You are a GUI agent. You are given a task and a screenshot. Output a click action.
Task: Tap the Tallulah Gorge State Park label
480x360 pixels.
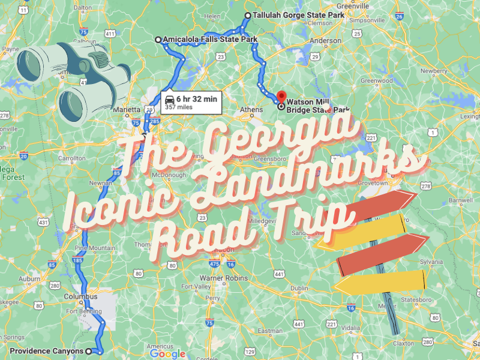[290, 16]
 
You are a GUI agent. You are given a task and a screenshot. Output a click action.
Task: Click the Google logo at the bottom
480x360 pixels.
[167, 353]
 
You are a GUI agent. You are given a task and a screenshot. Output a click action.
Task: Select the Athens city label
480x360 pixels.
[251, 110]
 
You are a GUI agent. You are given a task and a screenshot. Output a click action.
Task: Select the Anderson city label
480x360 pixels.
[326, 41]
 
